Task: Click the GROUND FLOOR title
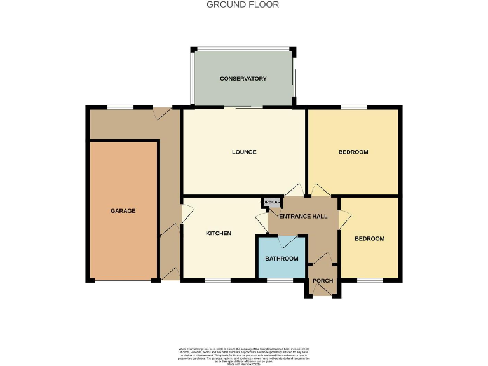[x=243, y=4]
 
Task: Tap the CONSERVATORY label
[x=243, y=79]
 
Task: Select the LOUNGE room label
[x=244, y=152]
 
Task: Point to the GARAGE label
[x=123, y=211]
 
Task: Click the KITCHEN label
[x=219, y=234]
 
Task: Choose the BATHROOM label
[x=281, y=259]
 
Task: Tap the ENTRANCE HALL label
[x=304, y=217]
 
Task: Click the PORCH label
[x=323, y=281]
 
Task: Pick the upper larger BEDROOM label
[x=353, y=152]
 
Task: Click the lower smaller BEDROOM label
[x=369, y=239]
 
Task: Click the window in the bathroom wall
[x=280, y=280]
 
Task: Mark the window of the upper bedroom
[x=353, y=107]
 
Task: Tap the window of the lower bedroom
[x=370, y=280]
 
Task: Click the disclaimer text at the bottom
[x=243, y=355]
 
